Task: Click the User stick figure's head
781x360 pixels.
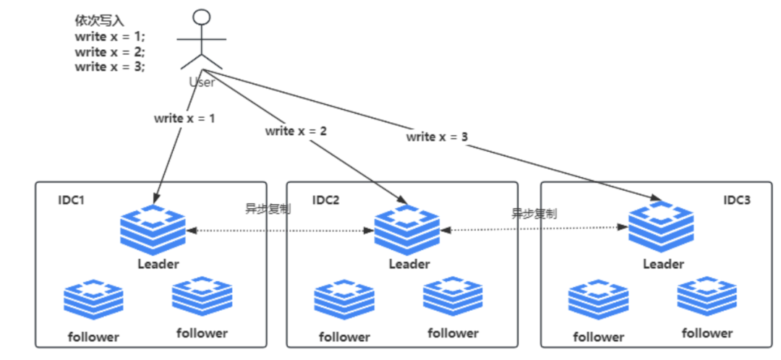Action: tap(202, 17)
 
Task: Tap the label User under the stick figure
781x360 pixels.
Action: tap(202, 82)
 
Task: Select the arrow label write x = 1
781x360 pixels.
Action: tap(184, 119)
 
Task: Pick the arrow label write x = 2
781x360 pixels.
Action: tap(296, 131)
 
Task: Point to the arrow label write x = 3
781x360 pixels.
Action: tap(437, 136)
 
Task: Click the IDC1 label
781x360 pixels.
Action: tap(72, 200)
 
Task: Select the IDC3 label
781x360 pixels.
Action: tap(737, 200)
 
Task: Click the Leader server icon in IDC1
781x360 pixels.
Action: tap(153, 227)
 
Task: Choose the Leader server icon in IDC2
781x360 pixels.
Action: tap(407, 228)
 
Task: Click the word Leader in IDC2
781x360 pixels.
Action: tap(409, 264)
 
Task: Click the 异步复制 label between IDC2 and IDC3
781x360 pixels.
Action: tap(534, 213)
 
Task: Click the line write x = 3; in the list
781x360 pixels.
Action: tap(110, 67)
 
